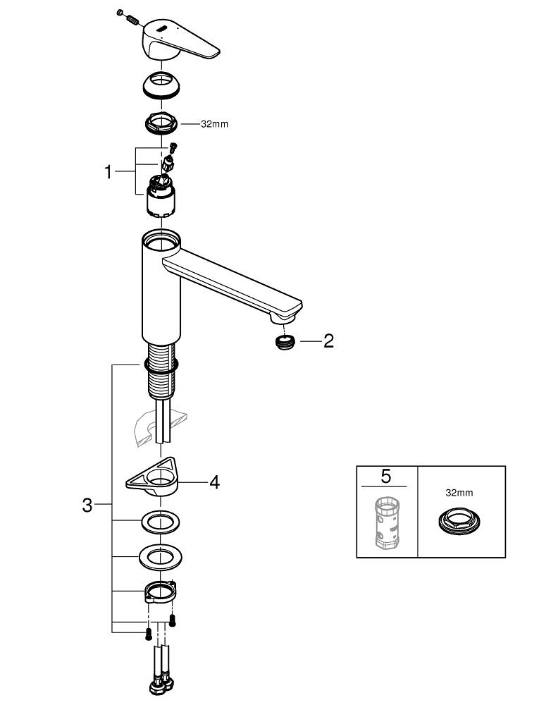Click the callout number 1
(108, 172)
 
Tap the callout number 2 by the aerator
(328, 341)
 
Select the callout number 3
(87, 505)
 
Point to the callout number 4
(214, 482)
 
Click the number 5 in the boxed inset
(385, 476)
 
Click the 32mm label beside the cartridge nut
(214, 124)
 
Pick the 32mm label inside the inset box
(459, 493)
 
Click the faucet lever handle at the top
(180, 39)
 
